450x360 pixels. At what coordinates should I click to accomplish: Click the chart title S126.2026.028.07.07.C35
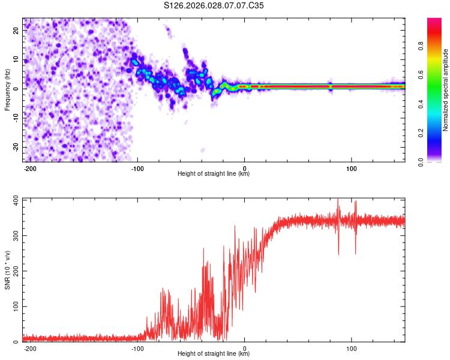pyautogui.click(x=214, y=5)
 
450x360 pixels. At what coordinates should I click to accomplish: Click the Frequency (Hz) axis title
pyautogui.click(x=7, y=89)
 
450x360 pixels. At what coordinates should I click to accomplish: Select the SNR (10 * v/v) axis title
pyautogui.click(x=7, y=269)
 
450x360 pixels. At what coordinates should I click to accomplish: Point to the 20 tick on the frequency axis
pyautogui.click(x=16, y=29)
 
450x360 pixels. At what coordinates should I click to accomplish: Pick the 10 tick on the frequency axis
pyautogui.click(x=16, y=59)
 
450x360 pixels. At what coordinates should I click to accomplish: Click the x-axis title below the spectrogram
pyautogui.click(x=214, y=174)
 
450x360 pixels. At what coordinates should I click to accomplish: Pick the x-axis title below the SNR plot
pyautogui.click(x=214, y=354)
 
